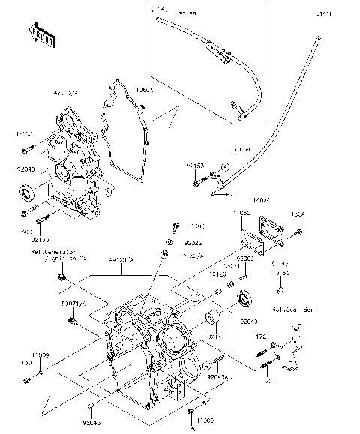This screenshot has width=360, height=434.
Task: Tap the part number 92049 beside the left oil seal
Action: (25, 170)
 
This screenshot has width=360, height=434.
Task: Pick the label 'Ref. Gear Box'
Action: (288, 309)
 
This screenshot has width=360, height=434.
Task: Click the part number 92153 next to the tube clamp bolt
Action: (196, 163)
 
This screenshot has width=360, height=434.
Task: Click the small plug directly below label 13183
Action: (280, 289)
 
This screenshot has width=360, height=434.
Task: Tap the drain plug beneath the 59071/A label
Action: (73, 322)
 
